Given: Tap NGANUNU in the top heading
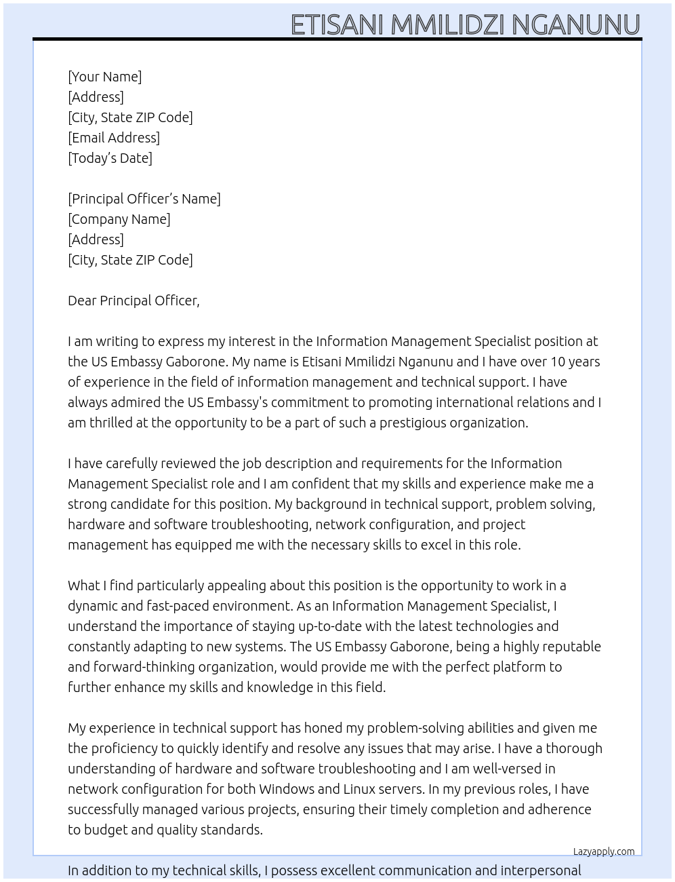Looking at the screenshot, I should [575, 25].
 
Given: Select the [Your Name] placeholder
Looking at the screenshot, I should [104, 77].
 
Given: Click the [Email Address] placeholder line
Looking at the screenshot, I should [114, 138].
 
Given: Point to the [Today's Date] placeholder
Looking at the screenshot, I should [110, 158].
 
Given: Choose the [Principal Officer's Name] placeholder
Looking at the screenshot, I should [144, 199].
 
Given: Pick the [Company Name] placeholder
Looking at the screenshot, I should [119, 219].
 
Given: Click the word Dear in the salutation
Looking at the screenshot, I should [82, 301].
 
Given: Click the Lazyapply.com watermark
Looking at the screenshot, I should [604, 851].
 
